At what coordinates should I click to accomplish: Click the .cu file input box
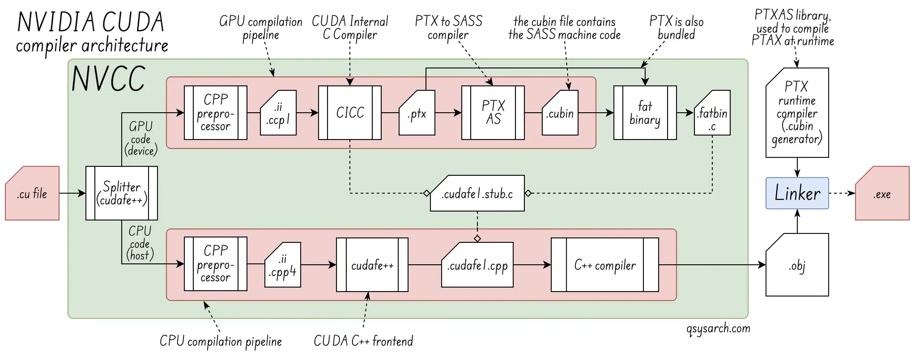pyautogui.click(x=32, y=194)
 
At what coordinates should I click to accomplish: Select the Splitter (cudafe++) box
pyautogui.click(x=121, y=193)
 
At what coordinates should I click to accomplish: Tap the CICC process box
pyautogui.click(x=350, y=113)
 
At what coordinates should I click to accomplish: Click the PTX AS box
pyautogui.click(x=493, y=113)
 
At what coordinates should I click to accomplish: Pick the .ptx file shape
pyautogui.click(x=417, y=114)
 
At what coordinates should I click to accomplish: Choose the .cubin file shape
pyautogui.click(x=560, y=114)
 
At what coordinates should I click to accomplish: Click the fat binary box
pyautogui.click(x=645, y=113)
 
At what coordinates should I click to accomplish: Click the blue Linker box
pyautogui.click(x=797, y=193)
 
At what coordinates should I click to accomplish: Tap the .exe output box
pyautogui.click(x=882, y=194)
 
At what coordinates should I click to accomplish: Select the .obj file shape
pyautogui.click(x=797, y=266)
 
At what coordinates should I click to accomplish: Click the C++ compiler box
pyautogui.click(x=604, y=265)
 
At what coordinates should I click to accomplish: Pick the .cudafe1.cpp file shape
pyautogui.click(x=477, y=266)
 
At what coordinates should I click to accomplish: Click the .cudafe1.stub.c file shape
pyautogui.click(x=477, y=194)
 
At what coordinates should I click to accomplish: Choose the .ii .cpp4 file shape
pyautogui.click(x=282, y=266)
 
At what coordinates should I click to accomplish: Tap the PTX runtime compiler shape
pyautogui.click(x=797, y=113)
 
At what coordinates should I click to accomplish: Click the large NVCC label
pyautogui.click(x=109, y=79)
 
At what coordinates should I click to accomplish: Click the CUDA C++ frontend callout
pyautogui.click(x=363, y=341)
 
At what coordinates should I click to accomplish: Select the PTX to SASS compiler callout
pyautogui.click(x=448, y=27)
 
